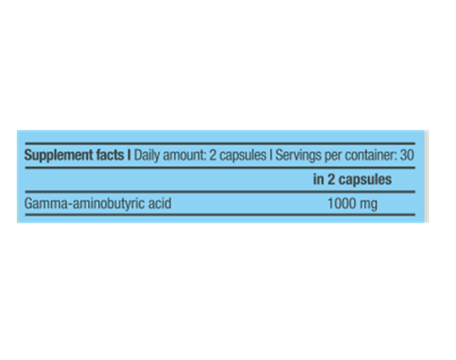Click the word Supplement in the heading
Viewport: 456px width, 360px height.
[59, 156]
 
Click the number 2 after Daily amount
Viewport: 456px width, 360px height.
[213, 155]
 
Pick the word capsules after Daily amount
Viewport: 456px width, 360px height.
[243, 156]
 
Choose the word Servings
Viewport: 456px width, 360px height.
[299, 156]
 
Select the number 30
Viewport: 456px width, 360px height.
[407, 155]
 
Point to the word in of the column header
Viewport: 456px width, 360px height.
[318, 179]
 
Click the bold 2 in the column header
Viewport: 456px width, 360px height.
[331, 179]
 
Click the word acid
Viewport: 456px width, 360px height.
[160, 203]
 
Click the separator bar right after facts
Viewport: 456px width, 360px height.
[128, 155]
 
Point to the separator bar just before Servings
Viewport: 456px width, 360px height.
[271, 155]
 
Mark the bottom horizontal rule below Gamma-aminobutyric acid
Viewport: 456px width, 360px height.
[220, 215]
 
